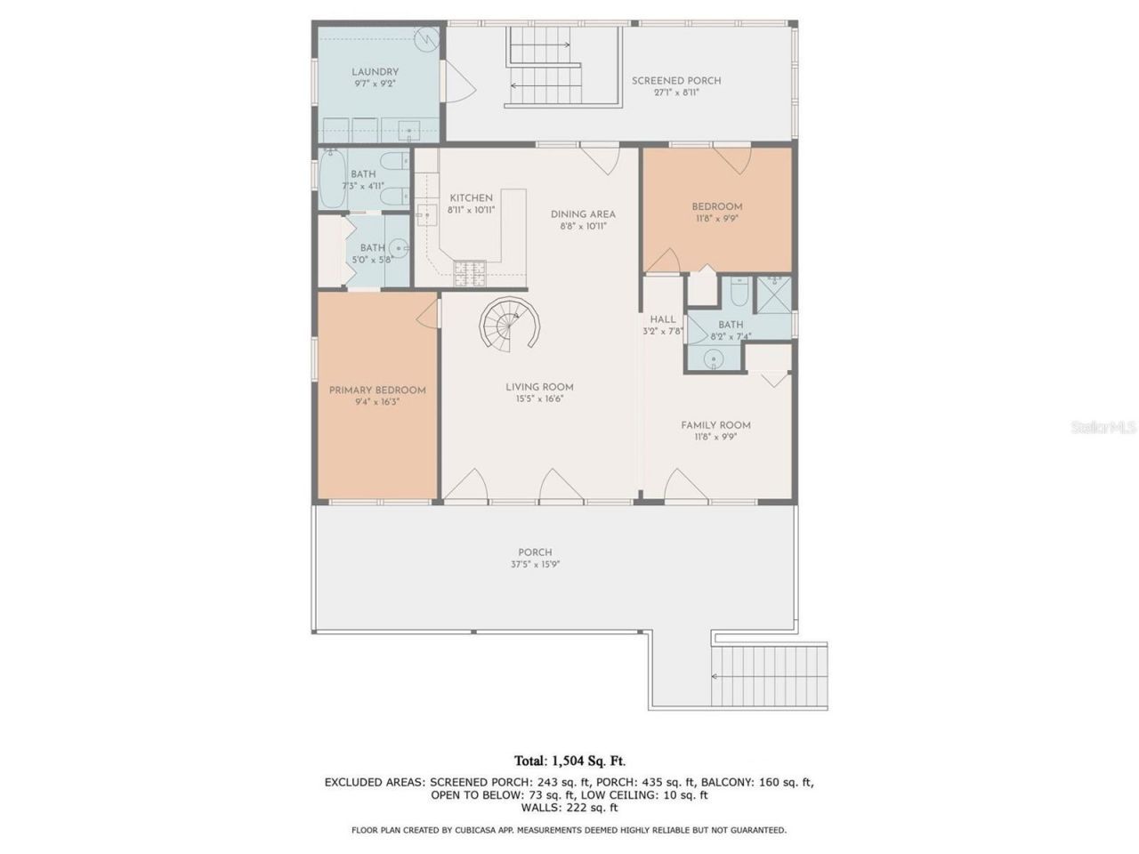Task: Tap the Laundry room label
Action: click(x=375, y=72)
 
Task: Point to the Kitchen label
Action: click(x=471, y=197)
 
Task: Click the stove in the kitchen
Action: click(x=470, y=272)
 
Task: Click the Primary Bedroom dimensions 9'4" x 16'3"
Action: click(x=377, y=402)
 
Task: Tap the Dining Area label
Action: click(x=583, y=213)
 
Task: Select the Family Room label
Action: click(x=715, y=424)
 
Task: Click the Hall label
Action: click(x=662, y=319)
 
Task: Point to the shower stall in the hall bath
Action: click(x=772, y=294)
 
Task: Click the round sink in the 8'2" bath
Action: click(x=713, y=359)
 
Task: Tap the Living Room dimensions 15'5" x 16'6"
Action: click(x=539, y=399)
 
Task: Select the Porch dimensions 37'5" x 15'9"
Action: click(x=535, y=564)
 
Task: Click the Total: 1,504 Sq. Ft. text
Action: click(x=569, y=761)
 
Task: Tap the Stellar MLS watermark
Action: click(x=1103, y=428)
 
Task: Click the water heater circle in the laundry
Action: click(x=428, y=40)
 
